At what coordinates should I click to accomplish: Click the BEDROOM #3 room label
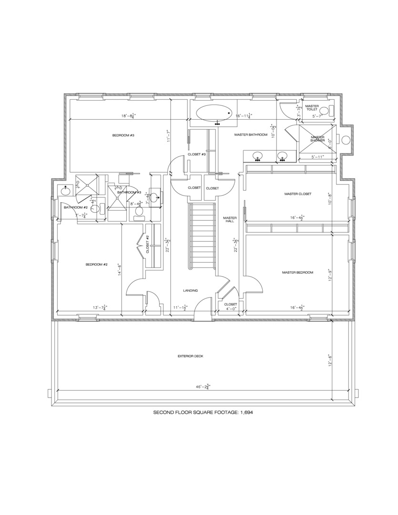(123, 135)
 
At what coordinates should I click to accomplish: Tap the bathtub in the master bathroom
(213, 114)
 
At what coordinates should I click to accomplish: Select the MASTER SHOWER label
(317, 139)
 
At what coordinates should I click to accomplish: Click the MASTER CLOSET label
(297, 194)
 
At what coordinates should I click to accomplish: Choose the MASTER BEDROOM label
(297, 272)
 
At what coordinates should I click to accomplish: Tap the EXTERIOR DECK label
(191, 356)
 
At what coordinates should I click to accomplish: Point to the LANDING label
(190, 290)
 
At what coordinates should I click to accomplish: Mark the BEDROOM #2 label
(96, 265)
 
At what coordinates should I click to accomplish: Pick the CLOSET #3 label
(196, 154)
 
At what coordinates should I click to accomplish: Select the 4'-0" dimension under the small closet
(231, 309)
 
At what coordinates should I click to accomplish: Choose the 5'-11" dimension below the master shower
(317, 157)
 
